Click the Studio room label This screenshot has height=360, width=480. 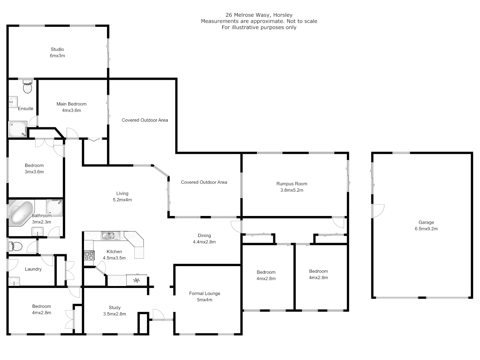click(57, 49)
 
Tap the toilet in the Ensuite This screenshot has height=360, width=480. click(27, 87)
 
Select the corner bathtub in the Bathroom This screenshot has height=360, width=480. click(21, 213)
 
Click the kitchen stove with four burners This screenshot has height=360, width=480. click(89, 256)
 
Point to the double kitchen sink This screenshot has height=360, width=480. click(110, 236)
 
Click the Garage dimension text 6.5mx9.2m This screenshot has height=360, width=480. click(426, 229)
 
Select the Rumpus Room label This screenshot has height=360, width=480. click(292, 184)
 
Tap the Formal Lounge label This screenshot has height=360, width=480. click(205, 293)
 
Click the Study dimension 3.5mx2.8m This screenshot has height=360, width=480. click(115, 314)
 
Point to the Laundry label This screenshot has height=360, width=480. click(33, 269)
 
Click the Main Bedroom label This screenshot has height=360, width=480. click(71, 104)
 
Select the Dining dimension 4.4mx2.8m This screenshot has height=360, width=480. click(204, 242)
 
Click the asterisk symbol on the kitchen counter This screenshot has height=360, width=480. click(136, 280)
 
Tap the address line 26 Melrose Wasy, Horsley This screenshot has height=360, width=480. click(259, 15)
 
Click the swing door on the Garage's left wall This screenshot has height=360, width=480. click(378, 211)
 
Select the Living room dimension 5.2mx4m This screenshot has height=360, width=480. click(122, 200)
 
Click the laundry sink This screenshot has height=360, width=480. click(14, 282)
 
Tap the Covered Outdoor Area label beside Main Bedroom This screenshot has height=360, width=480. click(145, 120)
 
